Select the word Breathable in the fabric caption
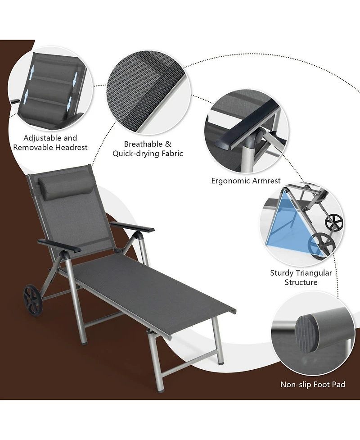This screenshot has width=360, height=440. [x=143, y=144]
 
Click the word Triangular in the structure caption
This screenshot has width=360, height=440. [x=314, y=273]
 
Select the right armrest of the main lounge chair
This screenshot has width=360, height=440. [x=132, y=226]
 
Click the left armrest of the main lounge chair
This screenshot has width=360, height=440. [x=59, y=246]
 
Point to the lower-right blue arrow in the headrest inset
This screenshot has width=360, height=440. [x=69, y=104]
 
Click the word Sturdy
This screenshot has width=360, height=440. [x=282, y=273]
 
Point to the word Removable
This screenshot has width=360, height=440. [x=33, y=148]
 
